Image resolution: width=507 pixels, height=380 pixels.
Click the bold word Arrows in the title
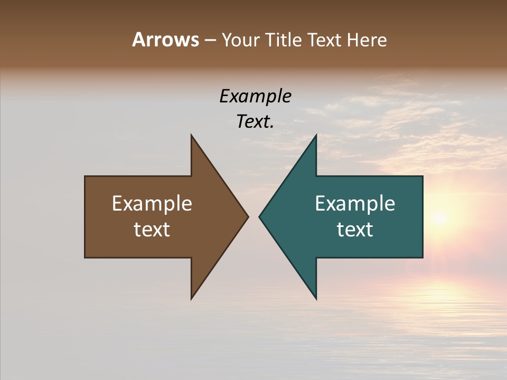point(165,40)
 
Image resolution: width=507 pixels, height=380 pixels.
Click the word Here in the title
point(367,40)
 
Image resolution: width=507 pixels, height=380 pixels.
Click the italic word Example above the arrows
point(255,97)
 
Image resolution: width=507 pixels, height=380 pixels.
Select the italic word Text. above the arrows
point(255,122)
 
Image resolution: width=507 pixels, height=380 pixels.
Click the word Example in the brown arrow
point(152,204)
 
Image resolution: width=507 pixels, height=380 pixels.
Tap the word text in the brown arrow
point(152,230)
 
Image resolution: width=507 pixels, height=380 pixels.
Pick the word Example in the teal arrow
point(355,204)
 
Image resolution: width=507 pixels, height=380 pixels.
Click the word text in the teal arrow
point(355,230)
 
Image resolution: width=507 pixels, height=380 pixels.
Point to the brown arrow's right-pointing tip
point(247,216)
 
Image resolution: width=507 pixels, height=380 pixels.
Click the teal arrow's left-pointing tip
point(260,216)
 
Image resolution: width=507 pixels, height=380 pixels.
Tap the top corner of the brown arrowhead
point(192,136)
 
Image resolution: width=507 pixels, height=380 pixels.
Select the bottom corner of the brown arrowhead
point(192,298)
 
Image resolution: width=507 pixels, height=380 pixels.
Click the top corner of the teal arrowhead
point(316,136)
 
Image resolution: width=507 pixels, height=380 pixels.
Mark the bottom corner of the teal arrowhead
point(316,298)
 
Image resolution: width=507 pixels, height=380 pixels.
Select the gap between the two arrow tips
point(253,216)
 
